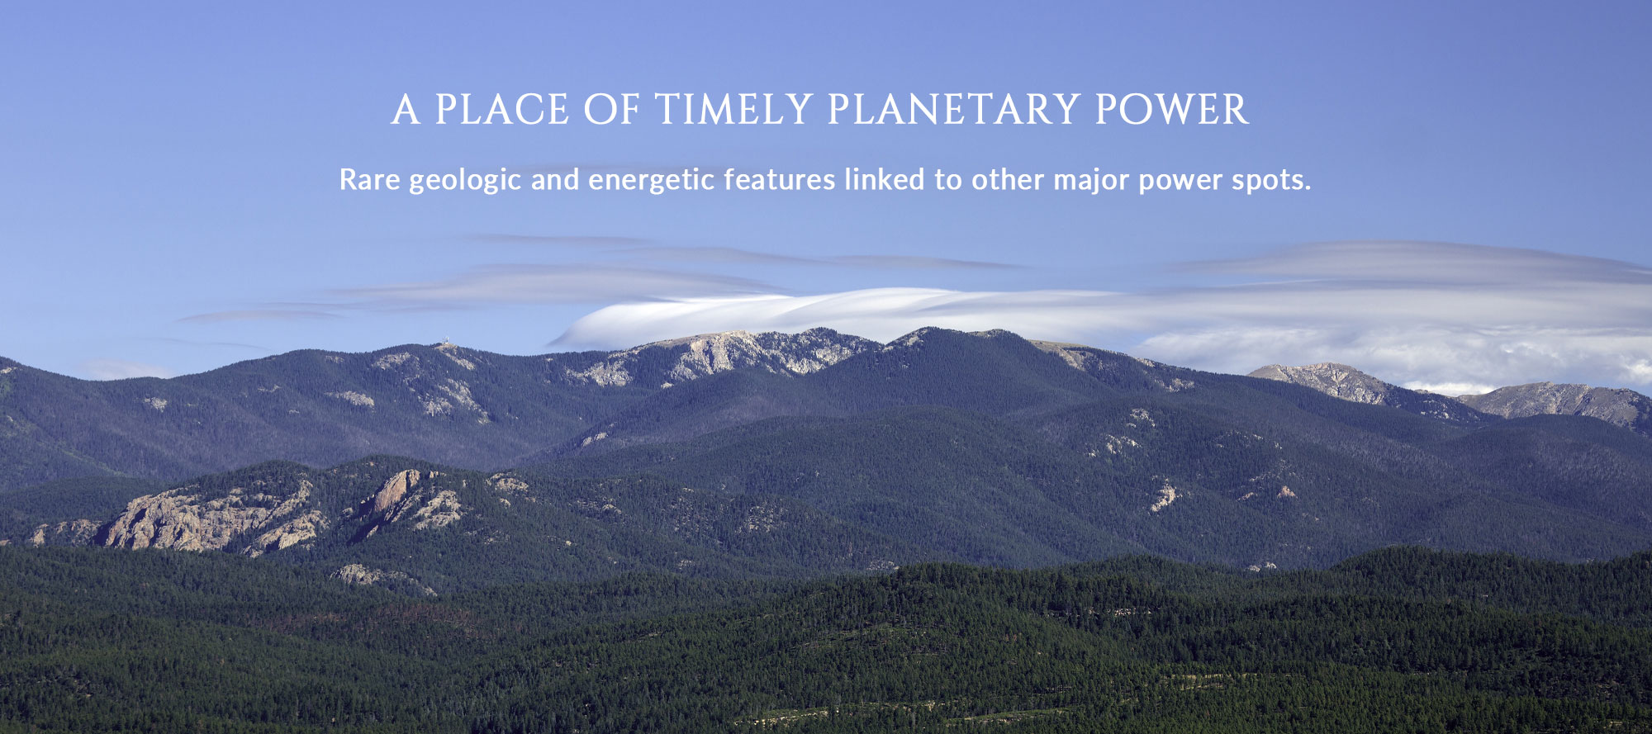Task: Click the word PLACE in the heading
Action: [x=502, y=110]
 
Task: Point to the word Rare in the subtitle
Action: [x=369, y=180]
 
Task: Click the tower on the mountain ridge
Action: [x=445, y=340]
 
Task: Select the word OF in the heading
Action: [x=611, y=110]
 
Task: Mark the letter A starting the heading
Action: [x=406, y=110]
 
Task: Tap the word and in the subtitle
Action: [x=555, y=179]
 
